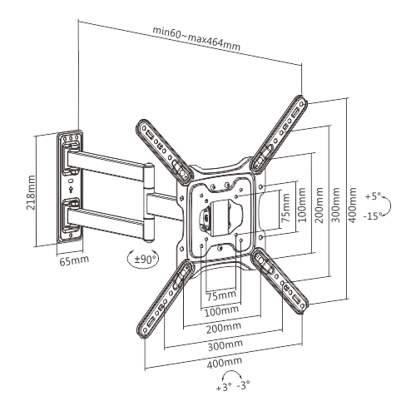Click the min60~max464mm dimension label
click(x=196, y=38)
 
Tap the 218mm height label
click(x=31, y=192)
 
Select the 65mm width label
click(x=74, y=260)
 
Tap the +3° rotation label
click(x=224, y=388)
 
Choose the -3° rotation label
click(x=243, y=385)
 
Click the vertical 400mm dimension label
click(x=352, y=206)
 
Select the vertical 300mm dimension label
click(x=336, y=206)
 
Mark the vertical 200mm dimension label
click(x=319, y=206)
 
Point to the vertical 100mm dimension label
click(x=301, y=206)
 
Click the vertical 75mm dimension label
click(x=286, y=208)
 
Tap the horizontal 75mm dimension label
click(x=221, y=296)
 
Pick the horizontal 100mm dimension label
click(x=221, y=312)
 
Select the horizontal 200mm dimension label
click(x=224, y=329)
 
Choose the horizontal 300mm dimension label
click(x=225, y=345)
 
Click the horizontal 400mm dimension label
click(x=224, y=363)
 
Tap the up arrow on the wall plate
click(x=71, y=190)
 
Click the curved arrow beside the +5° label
click(x=389, y=206)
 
